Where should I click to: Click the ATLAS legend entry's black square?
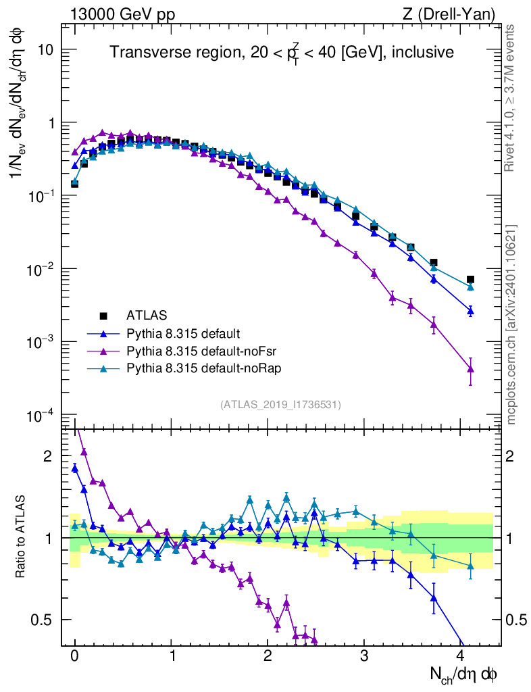pyautogui.click(x=103, y=315)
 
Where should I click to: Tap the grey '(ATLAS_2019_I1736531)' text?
pyautogui.click(x=280, y=405)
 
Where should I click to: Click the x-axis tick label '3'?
pyautogui.click(x=365, y=656)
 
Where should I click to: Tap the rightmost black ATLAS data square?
pyautogui.click(x=470, y=279)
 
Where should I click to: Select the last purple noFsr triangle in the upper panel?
pyautogui.click(x=470, y=369)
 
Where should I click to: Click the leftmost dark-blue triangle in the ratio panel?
pyautogui.click(x=75, y=468)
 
